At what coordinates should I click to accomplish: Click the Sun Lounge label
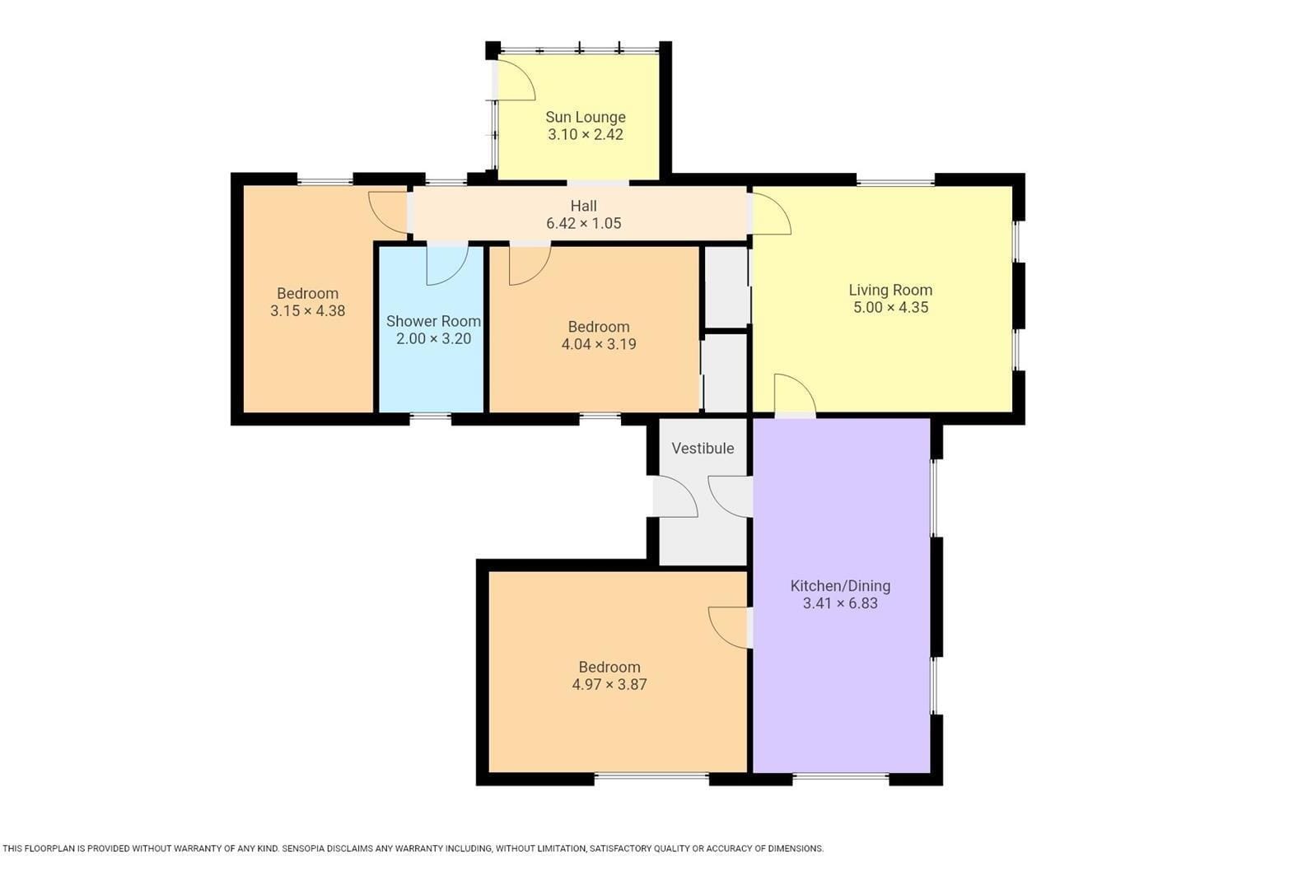(x=586, y=118)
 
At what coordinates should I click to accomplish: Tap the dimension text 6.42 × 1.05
(x=583, y=224)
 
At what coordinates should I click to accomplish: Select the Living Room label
(x=890, y=290)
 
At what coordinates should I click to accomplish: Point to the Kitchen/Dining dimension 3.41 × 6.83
(x=840, y=603)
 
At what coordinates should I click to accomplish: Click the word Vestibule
(x=703, y=449)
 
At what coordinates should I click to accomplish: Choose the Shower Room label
(x=433, y=321)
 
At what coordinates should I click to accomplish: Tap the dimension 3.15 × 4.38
(x=308, y=311)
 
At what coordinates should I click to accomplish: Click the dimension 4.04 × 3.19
(x=599, y=344)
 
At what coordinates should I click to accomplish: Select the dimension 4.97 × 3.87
(x=609, y=685)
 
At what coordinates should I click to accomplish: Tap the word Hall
(x=583, y=206)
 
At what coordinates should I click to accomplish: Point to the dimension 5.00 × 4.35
(x=890, y=308)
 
